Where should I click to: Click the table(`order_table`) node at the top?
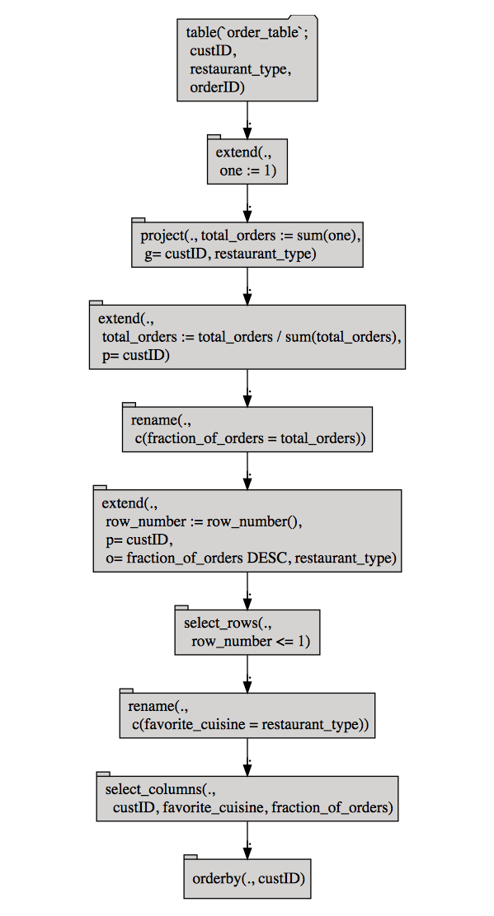(x=247, y=59)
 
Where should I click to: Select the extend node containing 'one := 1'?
(x=247, y=161)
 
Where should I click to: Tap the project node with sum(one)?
(x=247, y=244)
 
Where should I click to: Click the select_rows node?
(x=247, y=632)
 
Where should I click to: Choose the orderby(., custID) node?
(x=247, y=878)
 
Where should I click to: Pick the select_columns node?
(x=247, y=798)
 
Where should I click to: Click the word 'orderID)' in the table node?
(x=217, y=87)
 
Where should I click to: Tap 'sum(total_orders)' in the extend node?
(x=342, y=337)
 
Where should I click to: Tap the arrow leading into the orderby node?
(x=247, y=841)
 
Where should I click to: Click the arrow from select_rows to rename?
(x=247, y=674)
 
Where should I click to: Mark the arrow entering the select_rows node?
(x=247, y=591)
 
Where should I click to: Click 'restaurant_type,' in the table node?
(x=240, y=69)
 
